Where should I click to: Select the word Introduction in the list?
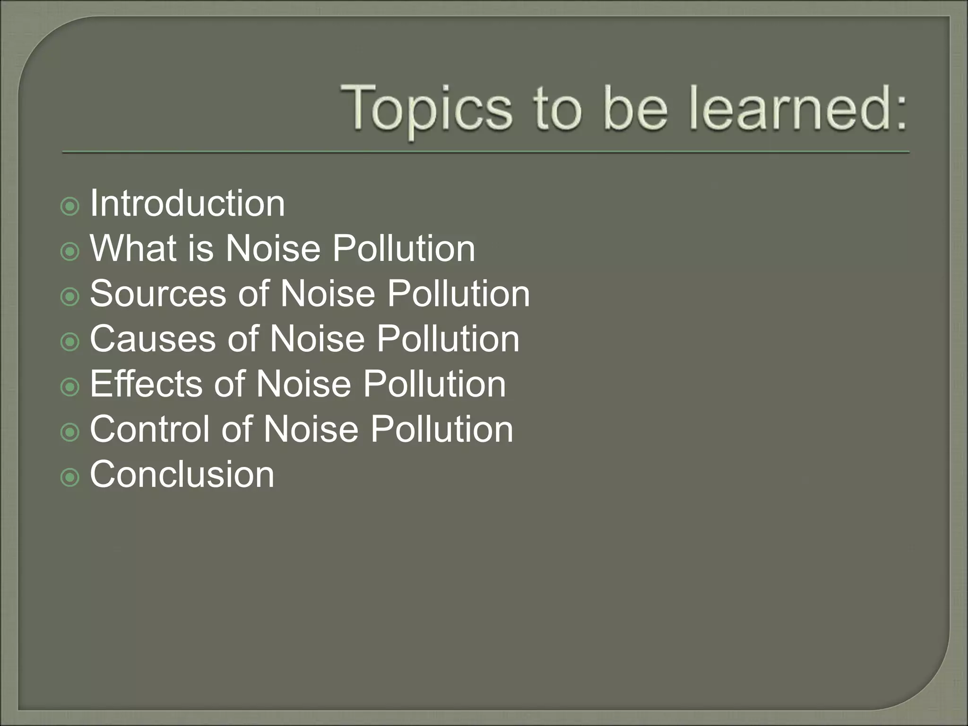[x=187, y=203]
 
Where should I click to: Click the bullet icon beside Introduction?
[x=70, y=207]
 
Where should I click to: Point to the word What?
[x=133, y=248]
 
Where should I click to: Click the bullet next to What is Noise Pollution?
[x=70, y=251]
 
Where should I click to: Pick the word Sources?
[x=158, y=294]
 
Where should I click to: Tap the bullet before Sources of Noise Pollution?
[x=70, y=297]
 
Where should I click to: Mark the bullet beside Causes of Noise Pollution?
[x=70, y=342]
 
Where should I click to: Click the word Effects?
[x=146, y=384]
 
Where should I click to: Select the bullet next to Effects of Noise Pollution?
[x=70, y=387]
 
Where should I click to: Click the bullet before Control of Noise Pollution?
[x=70, y=432]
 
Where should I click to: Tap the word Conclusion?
[x=182, y=474]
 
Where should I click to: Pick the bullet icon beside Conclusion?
[x=70, y=477]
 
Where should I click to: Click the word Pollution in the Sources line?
[x=458, y=294]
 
